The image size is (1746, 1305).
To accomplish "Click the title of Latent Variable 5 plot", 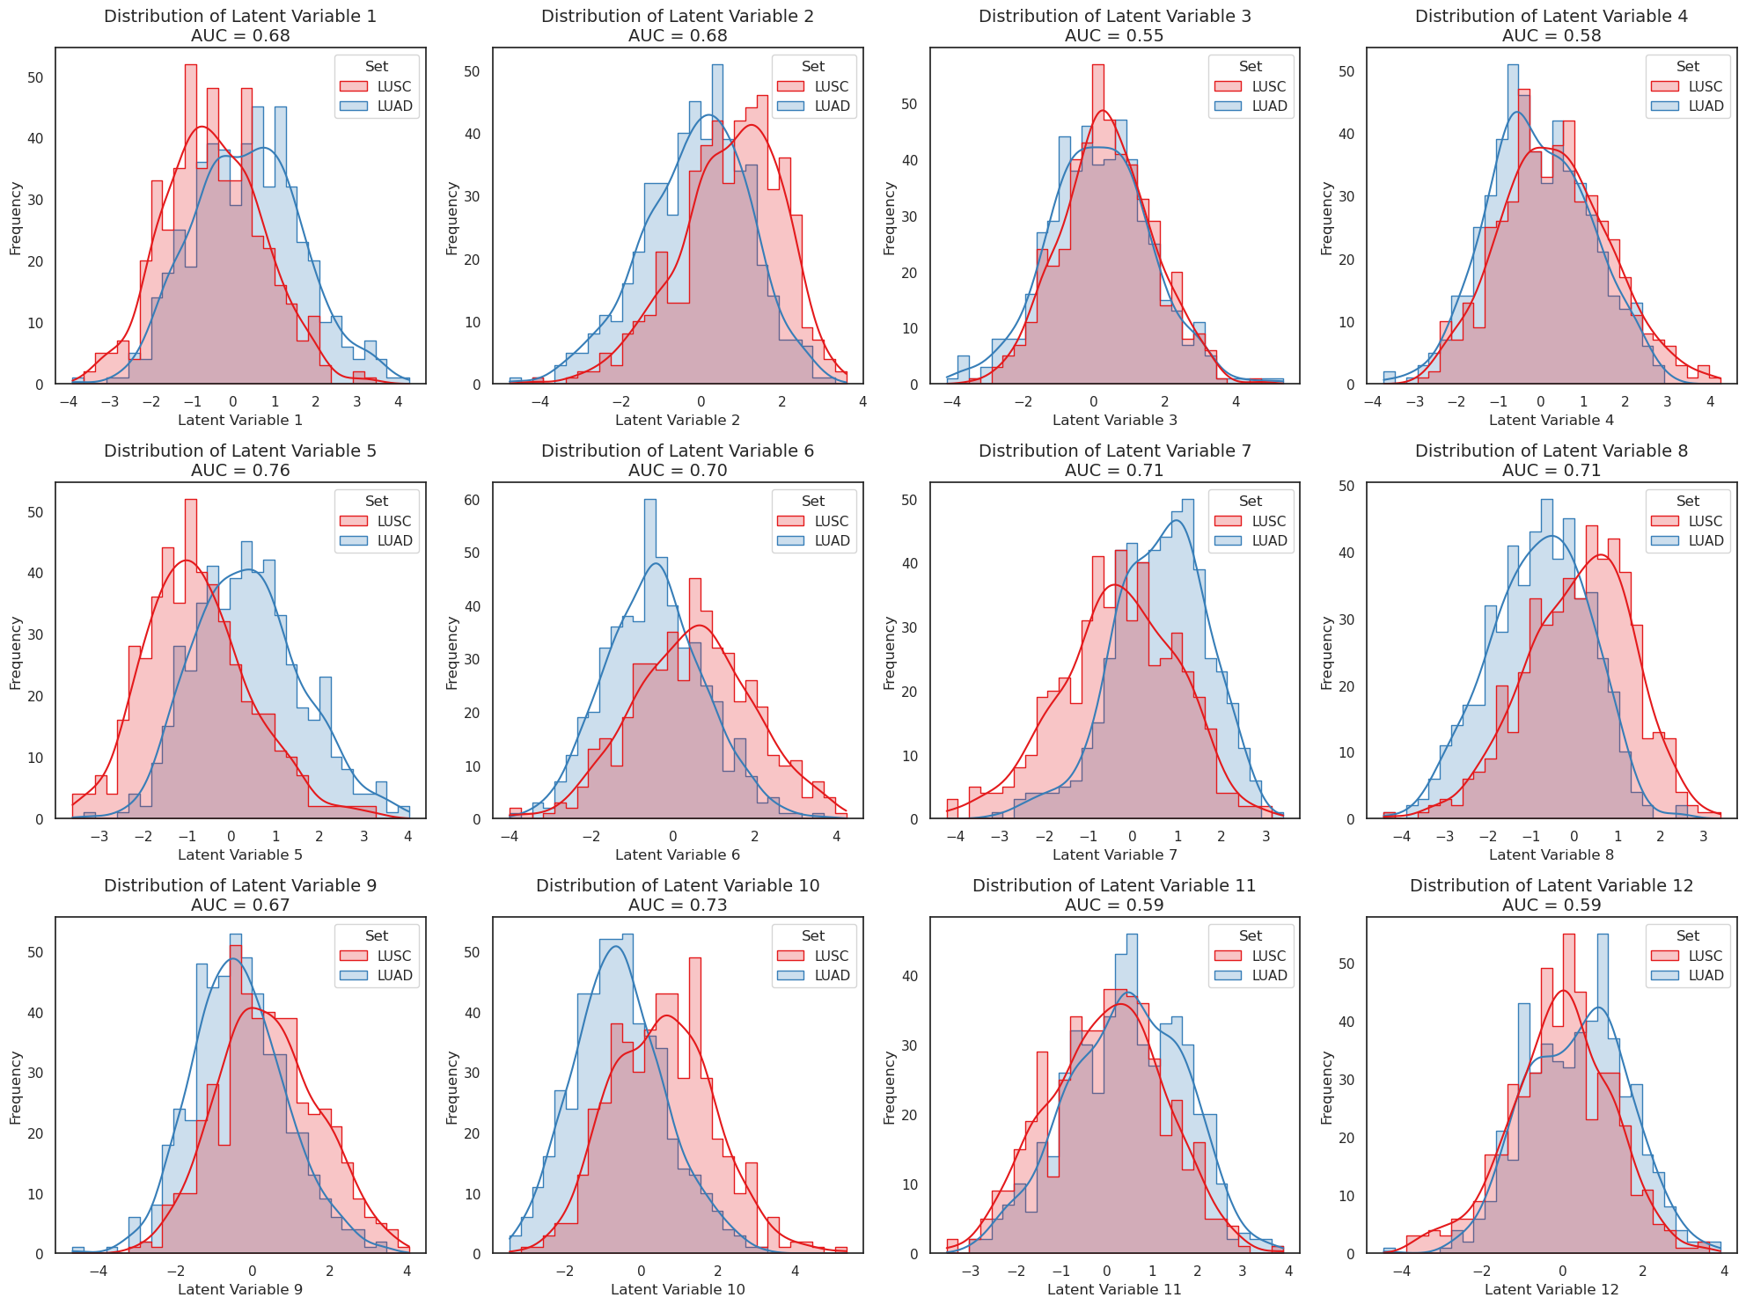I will coord(239,451).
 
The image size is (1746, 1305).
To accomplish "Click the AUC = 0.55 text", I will coord(1113,36).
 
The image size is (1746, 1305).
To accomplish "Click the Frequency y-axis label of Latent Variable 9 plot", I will coord(15,1088).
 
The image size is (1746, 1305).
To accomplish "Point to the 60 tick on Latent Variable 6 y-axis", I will coord(472,501).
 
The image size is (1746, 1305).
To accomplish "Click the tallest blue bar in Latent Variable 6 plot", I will coord(650,660).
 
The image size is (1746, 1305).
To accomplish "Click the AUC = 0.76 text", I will coord(239,471).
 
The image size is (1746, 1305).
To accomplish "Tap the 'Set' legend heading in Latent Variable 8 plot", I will coord(1687,501).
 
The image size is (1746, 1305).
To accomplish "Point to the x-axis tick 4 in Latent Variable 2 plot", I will coord(862,401).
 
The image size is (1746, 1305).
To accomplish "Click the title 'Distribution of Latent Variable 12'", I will coord(1551,885).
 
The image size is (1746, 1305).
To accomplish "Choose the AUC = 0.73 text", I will coord(677,905).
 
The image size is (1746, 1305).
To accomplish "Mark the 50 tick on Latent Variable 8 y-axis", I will coord(1346,487).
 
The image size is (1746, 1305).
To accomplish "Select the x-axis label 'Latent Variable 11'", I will coord(1114,1289).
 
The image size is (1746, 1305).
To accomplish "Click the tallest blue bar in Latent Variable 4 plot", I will coord(1512,224).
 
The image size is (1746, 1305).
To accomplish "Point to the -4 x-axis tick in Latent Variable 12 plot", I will coord(1403,1271).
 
